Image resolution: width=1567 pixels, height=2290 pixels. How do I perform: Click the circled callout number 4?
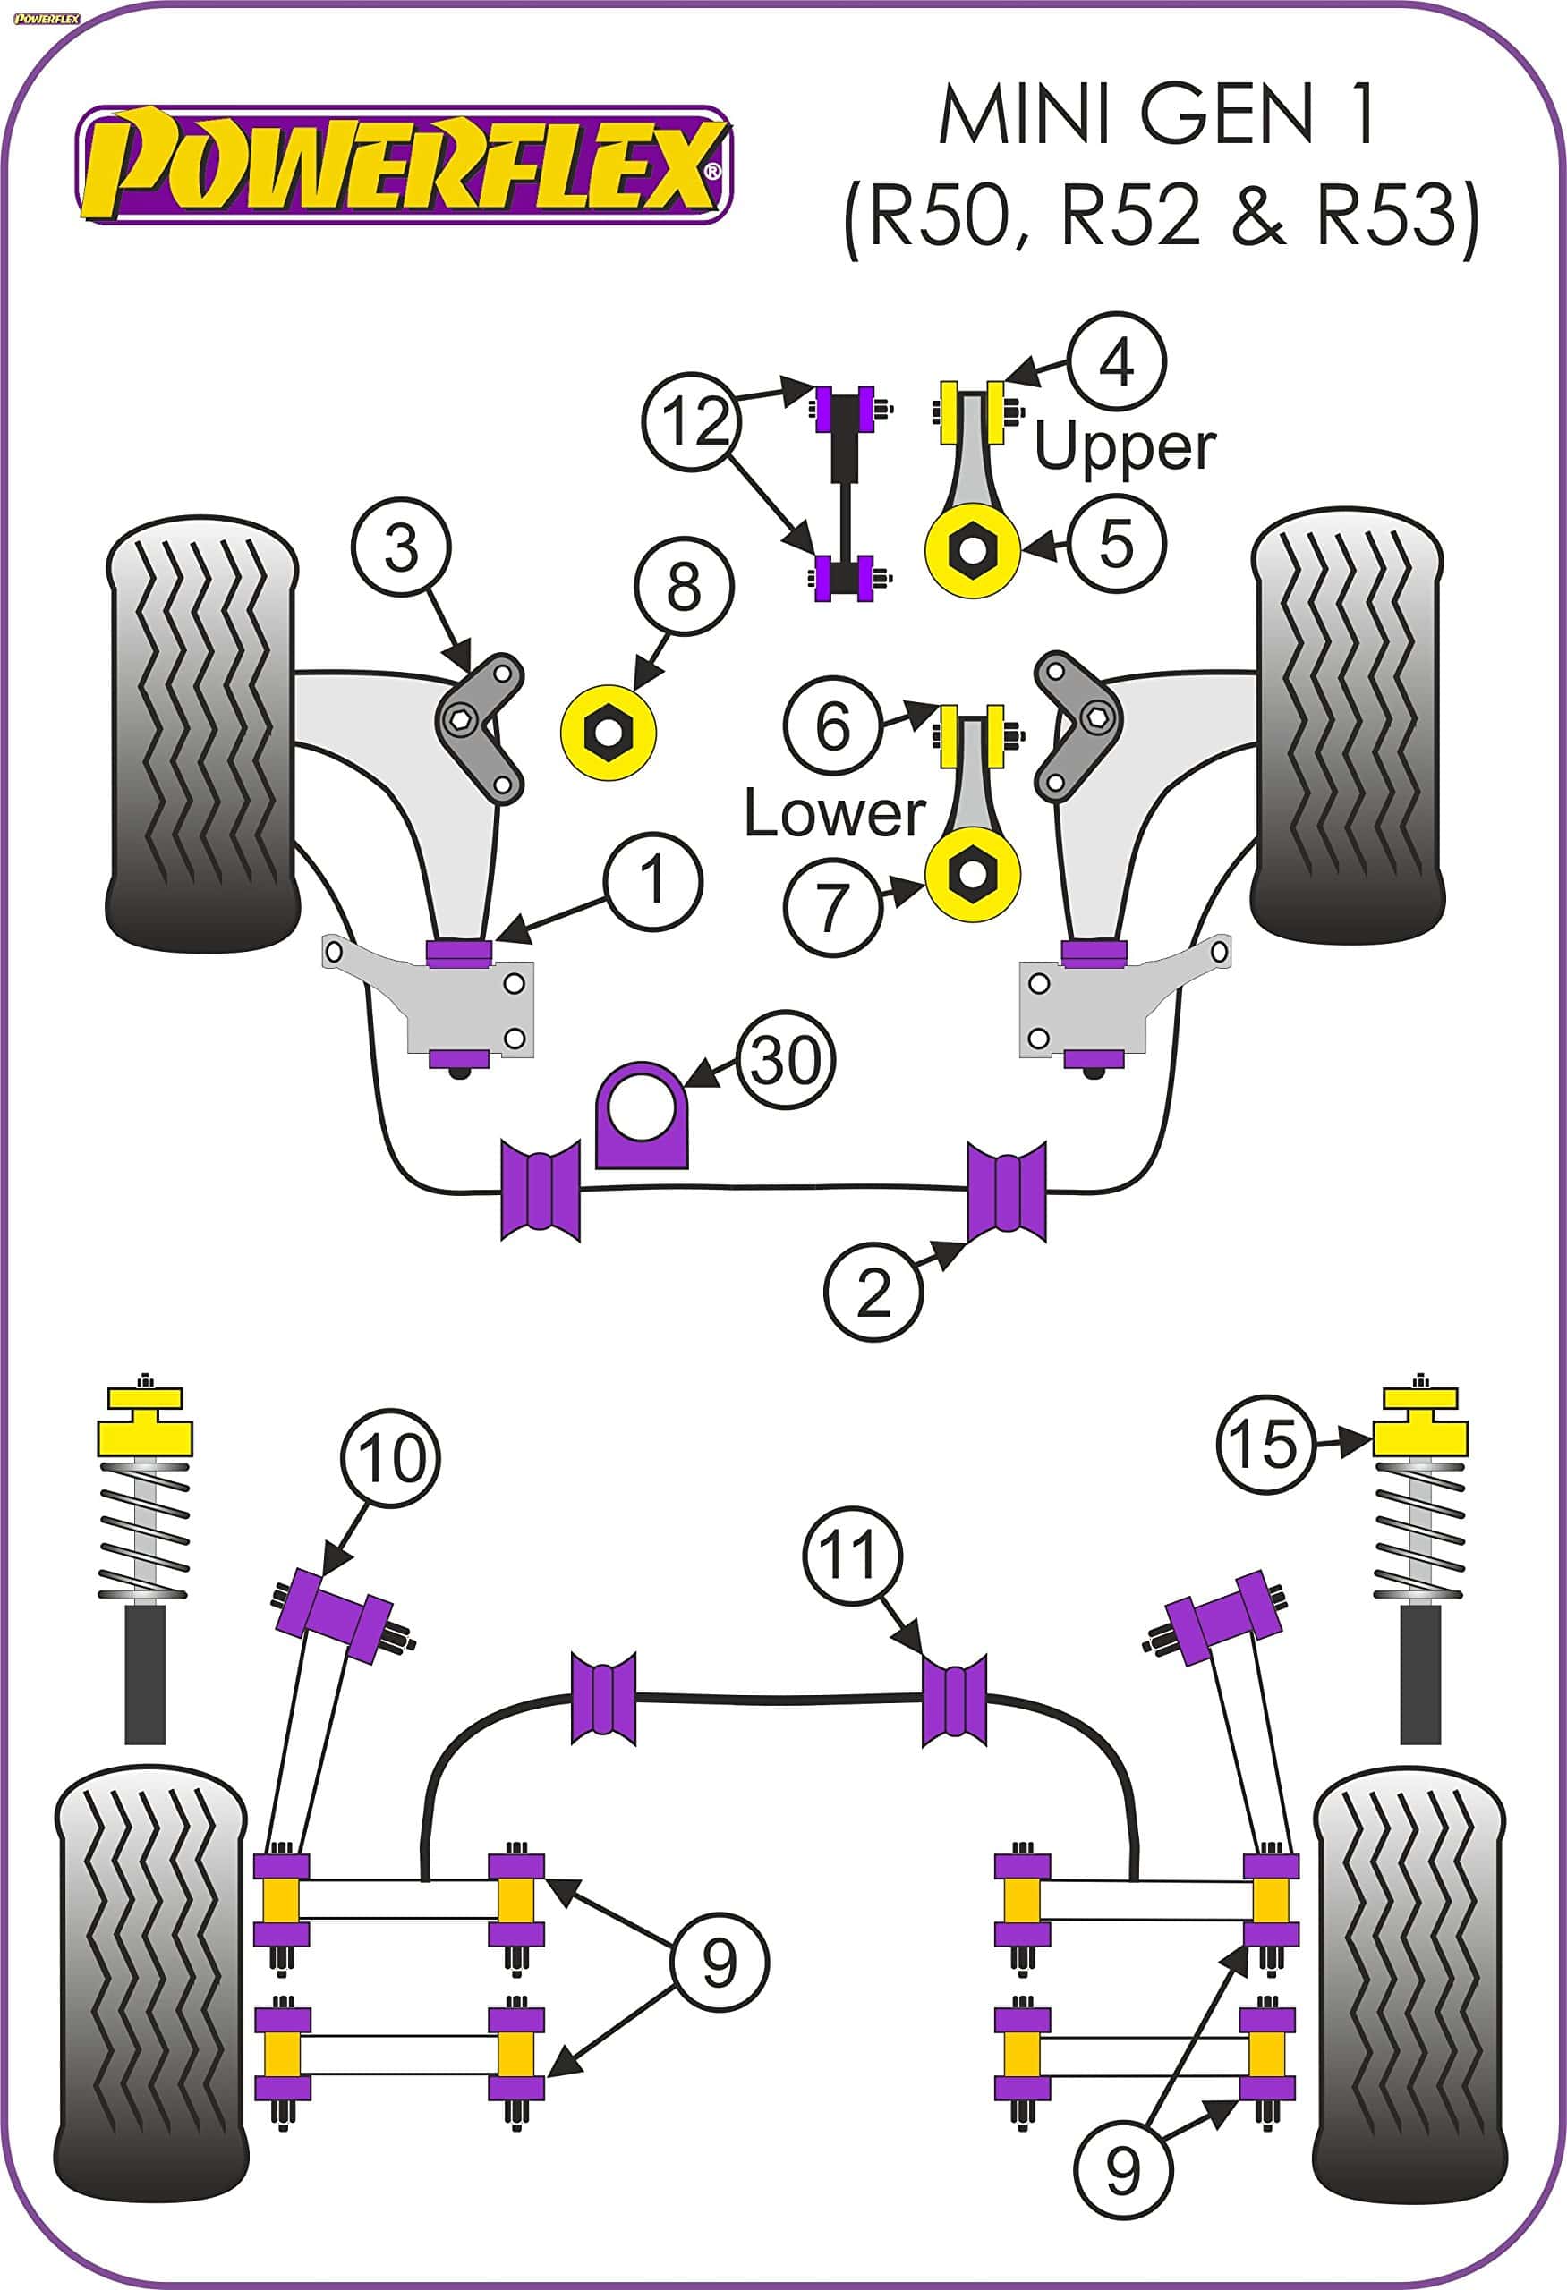point(1117,361)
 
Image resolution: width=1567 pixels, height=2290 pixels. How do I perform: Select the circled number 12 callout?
point(694,421)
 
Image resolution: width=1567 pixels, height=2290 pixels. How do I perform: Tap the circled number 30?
point(785,1061)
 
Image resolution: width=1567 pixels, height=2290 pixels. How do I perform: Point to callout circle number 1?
point(652,880)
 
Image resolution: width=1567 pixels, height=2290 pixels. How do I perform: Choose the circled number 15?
point(1265,1445)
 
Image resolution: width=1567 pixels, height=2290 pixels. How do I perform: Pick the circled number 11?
point(851,1555)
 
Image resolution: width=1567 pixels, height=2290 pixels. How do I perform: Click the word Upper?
point(1126,448)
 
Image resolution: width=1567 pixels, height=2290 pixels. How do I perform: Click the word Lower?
point(835,814)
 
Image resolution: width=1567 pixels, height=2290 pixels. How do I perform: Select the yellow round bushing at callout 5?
point(973,550)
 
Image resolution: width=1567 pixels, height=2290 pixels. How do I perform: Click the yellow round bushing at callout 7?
point(973,874)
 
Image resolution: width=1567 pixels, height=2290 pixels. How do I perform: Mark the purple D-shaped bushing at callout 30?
point(642,1115)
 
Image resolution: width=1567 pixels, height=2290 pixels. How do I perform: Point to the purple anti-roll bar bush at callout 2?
point(1005,1192)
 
